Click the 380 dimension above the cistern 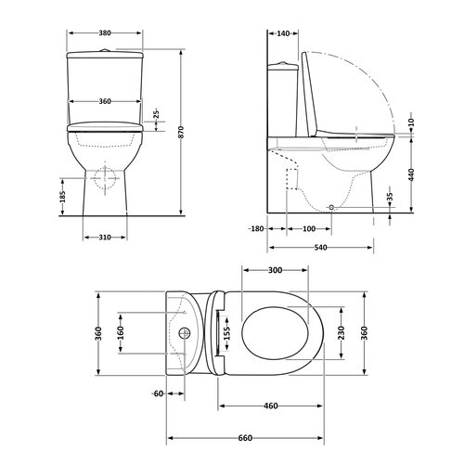[105, 32]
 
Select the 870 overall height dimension [181, 132]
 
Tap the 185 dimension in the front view [63, 197]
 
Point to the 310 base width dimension [105, 238]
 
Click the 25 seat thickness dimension [156, 114]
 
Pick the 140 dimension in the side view [283, 33]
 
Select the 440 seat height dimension [411, 174]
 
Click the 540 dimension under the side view [320, 248]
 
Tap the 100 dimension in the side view [309, 229]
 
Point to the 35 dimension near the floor [390, 197]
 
